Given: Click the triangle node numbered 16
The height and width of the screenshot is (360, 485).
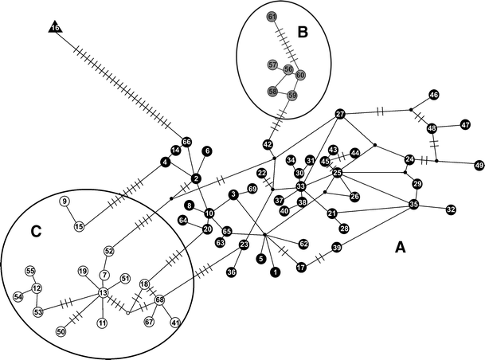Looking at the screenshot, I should coord(55,29).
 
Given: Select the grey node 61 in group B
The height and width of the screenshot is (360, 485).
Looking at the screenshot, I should coord(272,17).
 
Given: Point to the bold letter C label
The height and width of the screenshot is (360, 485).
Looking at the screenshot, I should coord(35,232).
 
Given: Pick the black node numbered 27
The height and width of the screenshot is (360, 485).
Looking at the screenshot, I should coord(340,114).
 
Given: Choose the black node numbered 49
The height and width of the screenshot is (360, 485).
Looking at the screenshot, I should coord(479,165).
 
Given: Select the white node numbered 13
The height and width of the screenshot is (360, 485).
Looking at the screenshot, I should coord(103,293).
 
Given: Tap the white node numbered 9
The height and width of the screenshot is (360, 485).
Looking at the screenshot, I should coord(65,201).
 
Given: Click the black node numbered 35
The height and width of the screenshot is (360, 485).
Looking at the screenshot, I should coord(414,204).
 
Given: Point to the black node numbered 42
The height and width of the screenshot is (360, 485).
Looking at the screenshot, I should coord(268,144).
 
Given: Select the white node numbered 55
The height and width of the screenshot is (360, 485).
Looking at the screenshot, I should coord(29,271).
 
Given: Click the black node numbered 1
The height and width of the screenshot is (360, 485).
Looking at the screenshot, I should coord(275,272).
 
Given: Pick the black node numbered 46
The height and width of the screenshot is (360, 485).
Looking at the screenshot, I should coord(434,95).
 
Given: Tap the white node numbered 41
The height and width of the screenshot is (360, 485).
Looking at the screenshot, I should coord(175,323).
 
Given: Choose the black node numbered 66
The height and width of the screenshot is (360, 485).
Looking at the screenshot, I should coord(187,142).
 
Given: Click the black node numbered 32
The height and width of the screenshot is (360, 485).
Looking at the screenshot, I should coord(451,209).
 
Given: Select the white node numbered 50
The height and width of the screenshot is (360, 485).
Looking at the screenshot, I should coord(61,331).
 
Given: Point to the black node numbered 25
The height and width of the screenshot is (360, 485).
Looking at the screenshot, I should coord(337,173).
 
